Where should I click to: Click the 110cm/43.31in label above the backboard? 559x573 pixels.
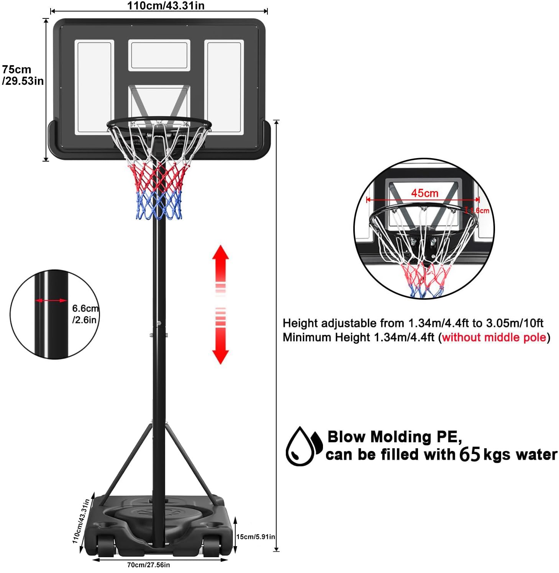(166, 6)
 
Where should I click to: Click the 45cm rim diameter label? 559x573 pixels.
(425, 193)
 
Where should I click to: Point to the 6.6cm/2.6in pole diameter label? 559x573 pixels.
(85, 314)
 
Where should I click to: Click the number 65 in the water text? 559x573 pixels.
(469, 454)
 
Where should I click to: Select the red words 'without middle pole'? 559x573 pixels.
(494, 337)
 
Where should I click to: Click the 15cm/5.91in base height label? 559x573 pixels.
(255, 537)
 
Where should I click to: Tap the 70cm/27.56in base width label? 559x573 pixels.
(148, 565)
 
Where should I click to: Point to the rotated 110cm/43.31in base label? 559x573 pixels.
(81, 521)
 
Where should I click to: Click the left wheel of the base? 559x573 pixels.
(106, 545)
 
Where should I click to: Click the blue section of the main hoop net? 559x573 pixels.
(159, 205)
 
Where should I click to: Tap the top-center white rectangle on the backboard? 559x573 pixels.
(159, 55)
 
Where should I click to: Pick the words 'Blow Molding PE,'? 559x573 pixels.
(395, 437)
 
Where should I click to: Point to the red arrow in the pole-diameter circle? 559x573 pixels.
(51, 301)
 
